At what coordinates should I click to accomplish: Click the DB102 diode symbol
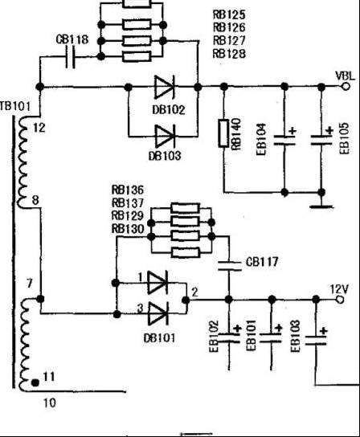[165, 87]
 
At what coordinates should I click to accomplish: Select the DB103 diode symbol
[165, 137]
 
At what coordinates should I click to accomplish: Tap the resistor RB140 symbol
[223, 133]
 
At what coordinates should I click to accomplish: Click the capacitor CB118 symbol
[70, 57]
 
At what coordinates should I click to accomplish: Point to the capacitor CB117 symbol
[229, 266]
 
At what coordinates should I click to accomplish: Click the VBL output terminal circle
[346, 87]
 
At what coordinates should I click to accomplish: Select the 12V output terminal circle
[340, 300]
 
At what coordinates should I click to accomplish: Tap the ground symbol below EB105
[321, 206]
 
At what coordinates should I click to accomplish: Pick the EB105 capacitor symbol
[321, 140]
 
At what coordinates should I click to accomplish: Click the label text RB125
[229, 14]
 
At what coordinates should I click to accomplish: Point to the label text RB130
[128, 229]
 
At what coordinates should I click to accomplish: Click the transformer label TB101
[14, 106]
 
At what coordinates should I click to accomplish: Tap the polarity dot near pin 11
[35, 382]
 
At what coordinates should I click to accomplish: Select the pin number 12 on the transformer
[39, 128]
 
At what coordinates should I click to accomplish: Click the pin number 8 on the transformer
[35, 200]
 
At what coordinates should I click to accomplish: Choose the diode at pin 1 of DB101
[157, 283]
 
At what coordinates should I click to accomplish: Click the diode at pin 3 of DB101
[157, 314]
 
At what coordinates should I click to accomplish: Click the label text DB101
[159, 338]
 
